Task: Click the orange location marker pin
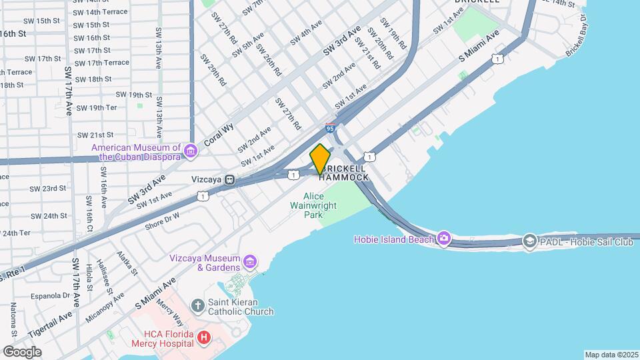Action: (x=320, y=159)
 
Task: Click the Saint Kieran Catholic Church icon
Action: (x=197, y=306)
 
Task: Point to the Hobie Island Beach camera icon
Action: (x=444, y=239)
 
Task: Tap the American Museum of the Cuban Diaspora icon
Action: (x=191, y=152)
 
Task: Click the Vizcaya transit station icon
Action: (x=229, y=179)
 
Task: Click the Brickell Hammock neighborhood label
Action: (x=344, y=173)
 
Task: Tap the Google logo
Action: (x=21, y=351)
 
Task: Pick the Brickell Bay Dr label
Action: (x=577, y=43)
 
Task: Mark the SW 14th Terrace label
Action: (x=100, y=12)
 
